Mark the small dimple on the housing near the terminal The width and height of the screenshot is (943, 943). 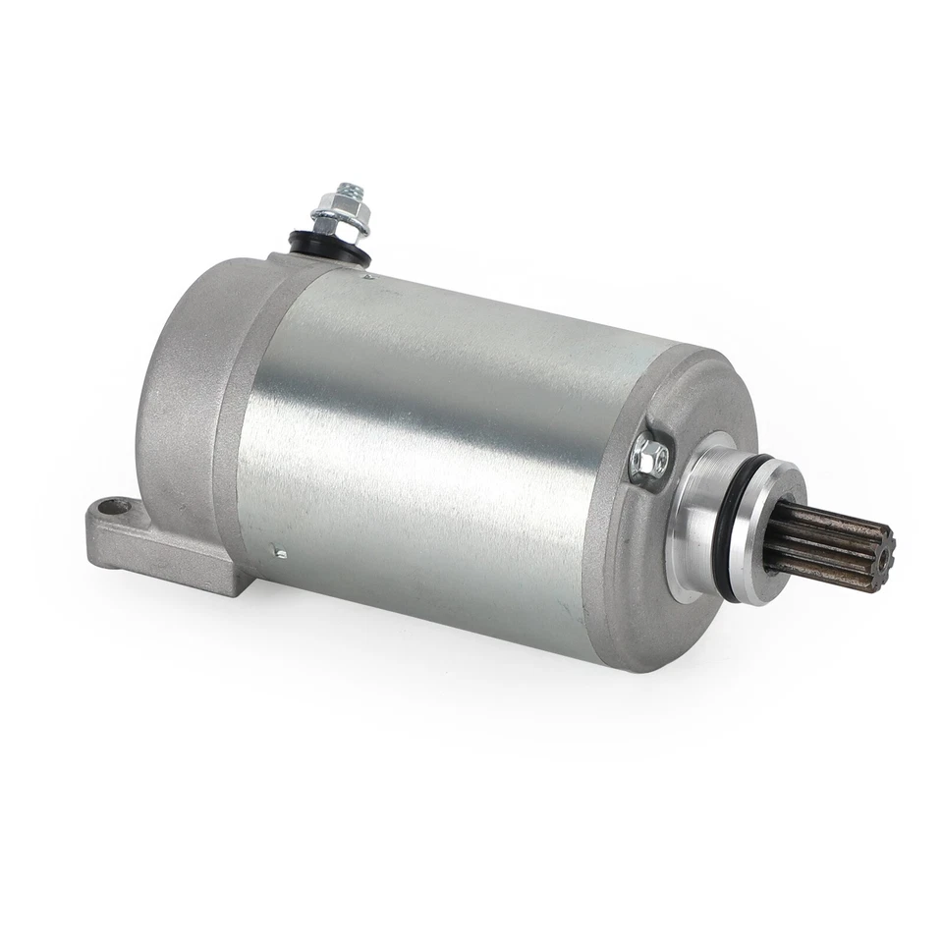coord(369,278)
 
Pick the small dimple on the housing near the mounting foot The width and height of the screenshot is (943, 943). coord(281,553)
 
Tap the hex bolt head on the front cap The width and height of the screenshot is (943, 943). coord(647,458)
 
